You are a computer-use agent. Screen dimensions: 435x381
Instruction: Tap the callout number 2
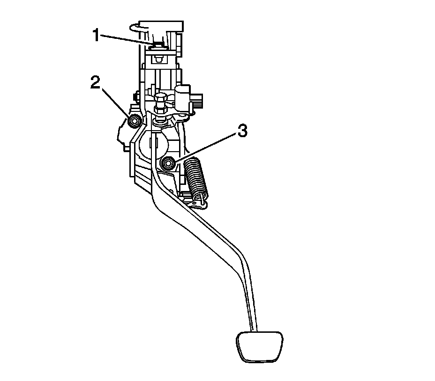(x=96, y=84)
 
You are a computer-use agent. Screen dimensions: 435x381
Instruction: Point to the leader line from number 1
(x=127, y=40)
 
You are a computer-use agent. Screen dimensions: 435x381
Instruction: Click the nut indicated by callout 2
(x=134, y=121)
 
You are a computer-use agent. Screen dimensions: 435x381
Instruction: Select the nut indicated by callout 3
(x=167, y=163)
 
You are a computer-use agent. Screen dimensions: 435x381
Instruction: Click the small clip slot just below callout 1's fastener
(x=158, y=59)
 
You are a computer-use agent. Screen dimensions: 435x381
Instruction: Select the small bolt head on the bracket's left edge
(x=135, y=97)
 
